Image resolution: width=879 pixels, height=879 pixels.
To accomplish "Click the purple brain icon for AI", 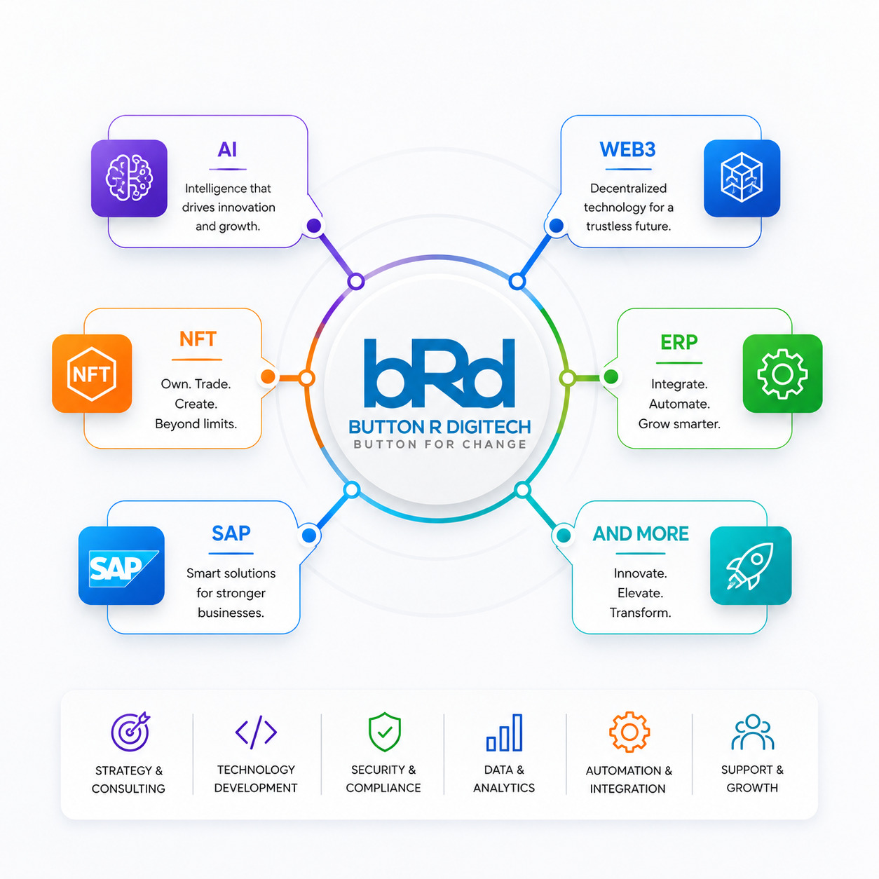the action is pyautogui.click(x=129, y=178).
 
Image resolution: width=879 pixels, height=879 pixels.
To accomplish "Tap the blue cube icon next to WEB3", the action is pyautogui.click(x=742, y=178).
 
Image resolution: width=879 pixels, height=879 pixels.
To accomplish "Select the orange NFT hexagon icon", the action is pyautogui.click(x=92, y=374).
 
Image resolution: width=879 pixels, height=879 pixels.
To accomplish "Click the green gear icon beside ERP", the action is pyautogui.click(x=782, y=374).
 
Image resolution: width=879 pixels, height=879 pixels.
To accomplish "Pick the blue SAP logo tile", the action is pyautogui.click(x=121, y=566).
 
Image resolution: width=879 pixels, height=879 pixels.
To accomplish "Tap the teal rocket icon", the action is pyautogui.click(x=751, y=566).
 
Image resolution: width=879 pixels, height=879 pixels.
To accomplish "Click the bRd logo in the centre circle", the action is pyautogui.click(x=440, y=373).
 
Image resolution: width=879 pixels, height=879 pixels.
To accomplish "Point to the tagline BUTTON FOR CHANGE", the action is pyautogui.click(x=440, y=444).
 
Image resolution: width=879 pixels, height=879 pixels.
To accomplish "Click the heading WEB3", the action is pyautogui.click(x=627, y=149).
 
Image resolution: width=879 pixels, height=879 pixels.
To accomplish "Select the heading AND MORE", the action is pyautogui.click(x=641, y=533).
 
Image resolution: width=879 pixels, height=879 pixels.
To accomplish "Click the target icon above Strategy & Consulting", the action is pyautogui.click(x=131, y=731).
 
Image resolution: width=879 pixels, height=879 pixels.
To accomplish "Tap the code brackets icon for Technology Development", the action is pyautogui.click(x=256, y=732).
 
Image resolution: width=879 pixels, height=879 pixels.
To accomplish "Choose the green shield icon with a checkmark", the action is pyautogui.click(x=385, y=732).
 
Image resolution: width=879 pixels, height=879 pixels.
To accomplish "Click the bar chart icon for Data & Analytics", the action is pyautogui.click(x=504, y=732).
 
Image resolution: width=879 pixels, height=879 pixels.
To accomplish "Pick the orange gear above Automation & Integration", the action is pyautogui.click(x=629, y=732).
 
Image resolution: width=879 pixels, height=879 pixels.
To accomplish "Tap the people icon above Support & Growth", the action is pyautogui.click(x=753, y=732).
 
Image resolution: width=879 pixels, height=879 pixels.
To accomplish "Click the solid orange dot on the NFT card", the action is pyautogui.click(x=268, y=377).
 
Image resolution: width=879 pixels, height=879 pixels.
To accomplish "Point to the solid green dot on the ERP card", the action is pyautogui.click(x=611, y=377).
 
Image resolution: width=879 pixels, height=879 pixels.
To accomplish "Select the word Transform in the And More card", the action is pyautogui.click(x=641, y=613).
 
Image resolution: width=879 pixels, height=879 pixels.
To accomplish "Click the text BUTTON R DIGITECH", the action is pyautogui.click(x=440, y=427).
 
